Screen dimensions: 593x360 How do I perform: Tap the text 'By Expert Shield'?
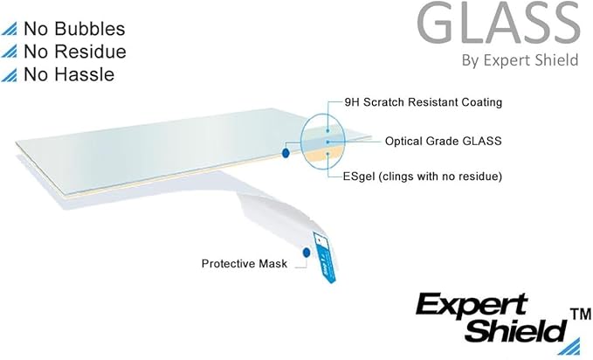click(520, 60)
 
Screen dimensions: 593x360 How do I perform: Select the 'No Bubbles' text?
click(74, 29)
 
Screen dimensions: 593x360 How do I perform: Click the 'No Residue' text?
click(75, 52)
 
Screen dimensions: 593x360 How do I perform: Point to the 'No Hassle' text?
click(69, 74)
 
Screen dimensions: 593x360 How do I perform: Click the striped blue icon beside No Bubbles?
click(10, 29)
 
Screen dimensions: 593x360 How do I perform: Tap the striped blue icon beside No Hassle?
click(10, 75)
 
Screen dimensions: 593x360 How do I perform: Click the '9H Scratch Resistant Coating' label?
click(424, 102)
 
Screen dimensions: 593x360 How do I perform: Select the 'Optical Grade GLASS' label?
click(444, 142)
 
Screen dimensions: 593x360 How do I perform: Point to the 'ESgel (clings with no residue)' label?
click(423, 177)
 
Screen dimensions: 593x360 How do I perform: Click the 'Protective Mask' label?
click(245, 264)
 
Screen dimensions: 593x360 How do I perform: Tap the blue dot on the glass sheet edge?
click(286, 153)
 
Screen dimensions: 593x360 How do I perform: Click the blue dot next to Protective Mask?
click(307, 253)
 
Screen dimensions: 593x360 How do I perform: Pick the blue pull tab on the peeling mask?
click(325, 258)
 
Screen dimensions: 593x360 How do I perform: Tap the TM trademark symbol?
click(580, 315)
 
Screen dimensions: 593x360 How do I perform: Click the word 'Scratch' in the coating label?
click(384, 102)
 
